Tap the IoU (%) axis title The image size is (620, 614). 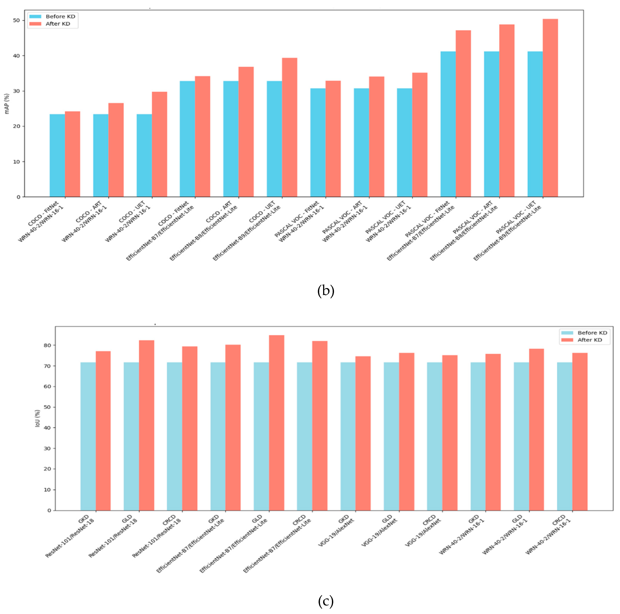click(x=37, y=418)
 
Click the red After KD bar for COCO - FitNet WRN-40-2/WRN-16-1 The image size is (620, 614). click(x=73, y=154)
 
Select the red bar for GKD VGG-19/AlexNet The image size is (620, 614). click(x=363, y=433)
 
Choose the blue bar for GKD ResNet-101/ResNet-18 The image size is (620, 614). click(x=88, y=436)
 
